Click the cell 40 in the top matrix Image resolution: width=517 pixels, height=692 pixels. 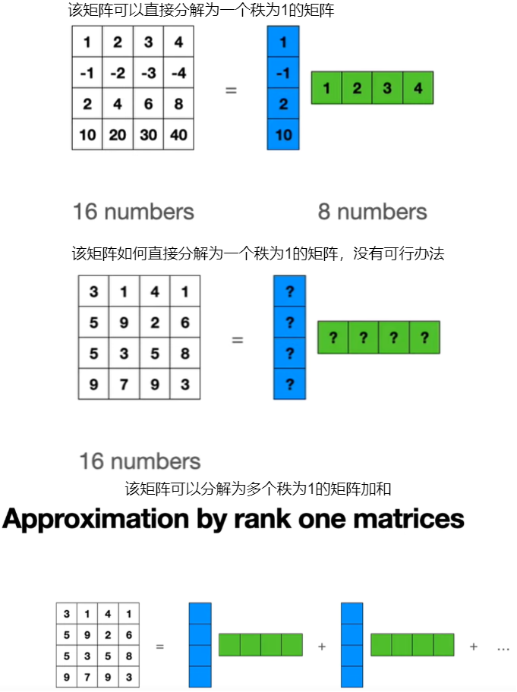pyautogui.click(x=178, y=134)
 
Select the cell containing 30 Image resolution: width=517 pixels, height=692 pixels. pyautogui.click(x=148, y=134)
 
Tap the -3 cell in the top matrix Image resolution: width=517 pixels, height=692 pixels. pyautogui.click(x=148, y=73)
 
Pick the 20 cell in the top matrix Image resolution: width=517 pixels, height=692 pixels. pyautogui.click(x=118, y=134)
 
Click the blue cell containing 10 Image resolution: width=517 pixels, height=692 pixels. pyautogui.click(x=283, y=134)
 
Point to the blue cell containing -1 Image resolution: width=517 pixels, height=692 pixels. pyautogui.click(x=283, y=73)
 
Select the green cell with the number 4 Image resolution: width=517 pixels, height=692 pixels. pyautogui.click(x=418, y=88)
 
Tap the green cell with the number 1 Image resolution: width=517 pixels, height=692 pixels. pyautogui.click(x=326, y=88)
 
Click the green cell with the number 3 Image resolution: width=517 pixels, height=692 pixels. pyautogui.click(x=387, y=88)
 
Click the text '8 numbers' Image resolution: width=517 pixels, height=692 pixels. pyautogui.click(x=372, y=212)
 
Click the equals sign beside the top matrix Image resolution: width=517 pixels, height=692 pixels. pyautogui.click(x=231, y=90)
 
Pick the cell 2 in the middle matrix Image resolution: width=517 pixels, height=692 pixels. pyautogui.click(x=155, y=322)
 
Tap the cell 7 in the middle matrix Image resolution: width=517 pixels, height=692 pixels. pyautogui.click(x=124, y=384)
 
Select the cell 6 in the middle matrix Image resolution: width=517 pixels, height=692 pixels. pyautogui.click(x=185, y=322)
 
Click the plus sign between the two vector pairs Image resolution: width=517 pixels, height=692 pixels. pyautogui.click(x=322, y=646)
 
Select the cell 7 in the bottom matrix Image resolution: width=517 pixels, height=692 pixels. pyautogui.click(x=87, y=677)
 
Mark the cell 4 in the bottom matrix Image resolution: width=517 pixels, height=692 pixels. pyautogui.click(x=109, y=613)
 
